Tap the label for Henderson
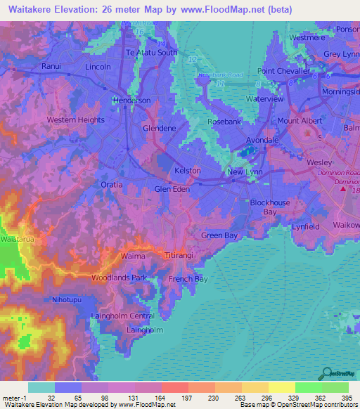point(132,100)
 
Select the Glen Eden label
point(172,189)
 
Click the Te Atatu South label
point(151,52)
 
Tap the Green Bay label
point(219,236)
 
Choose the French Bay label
point(188,279)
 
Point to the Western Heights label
point(75,120)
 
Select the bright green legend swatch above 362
point(309,387)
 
